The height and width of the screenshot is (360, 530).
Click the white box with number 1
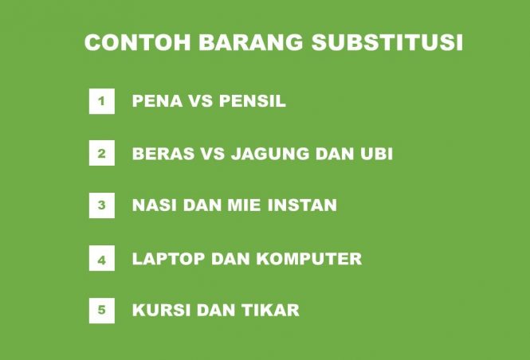coord(101,101)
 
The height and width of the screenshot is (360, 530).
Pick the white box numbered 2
coord(101,153)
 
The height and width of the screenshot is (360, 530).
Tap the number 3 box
coord(101,205)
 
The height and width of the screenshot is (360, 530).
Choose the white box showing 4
coord(101,259)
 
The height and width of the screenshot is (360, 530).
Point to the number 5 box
coord(101,310)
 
